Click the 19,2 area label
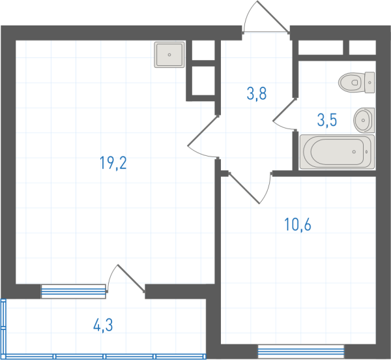113,163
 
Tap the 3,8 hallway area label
257,93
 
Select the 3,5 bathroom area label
327,120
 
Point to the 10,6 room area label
298,224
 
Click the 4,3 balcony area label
103,325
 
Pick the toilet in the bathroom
356,82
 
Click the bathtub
337,152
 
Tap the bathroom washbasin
364,120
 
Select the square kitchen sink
169,55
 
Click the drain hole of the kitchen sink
169,55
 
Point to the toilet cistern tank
369,82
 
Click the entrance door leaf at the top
273,17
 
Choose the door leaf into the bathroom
285,110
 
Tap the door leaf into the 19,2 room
203,130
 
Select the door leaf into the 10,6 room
244,188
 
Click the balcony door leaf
131,278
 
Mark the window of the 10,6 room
300,352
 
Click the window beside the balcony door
73,292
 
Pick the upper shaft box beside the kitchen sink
203,51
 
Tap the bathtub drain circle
354,152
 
